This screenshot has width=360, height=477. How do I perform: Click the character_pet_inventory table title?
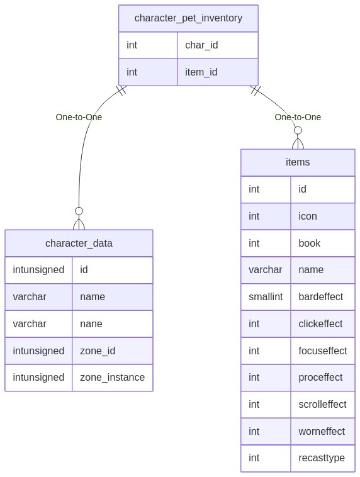click(188, 18)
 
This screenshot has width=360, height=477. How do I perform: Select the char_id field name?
click(201, 45)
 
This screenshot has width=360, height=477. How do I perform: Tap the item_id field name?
click(201, 72)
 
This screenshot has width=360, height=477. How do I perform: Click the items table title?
click(298, 162)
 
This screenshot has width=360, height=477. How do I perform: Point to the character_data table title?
click(79, 244)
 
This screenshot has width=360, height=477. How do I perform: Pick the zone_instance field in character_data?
click(112, 378)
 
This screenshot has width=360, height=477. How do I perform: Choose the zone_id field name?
click(98, 351)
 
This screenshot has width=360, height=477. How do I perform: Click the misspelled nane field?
click(91, 324)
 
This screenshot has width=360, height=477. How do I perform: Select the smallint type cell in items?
click(266, 296)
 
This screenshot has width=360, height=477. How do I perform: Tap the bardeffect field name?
click(321, 296)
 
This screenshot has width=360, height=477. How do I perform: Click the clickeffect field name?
click(320, 323)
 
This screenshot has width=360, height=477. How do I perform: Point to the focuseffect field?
click(323, 351)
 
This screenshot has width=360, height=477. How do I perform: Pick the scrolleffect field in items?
click(322, 404)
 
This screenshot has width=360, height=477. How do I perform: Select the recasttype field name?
click(322, 458)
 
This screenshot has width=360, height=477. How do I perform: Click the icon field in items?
click(308, 216)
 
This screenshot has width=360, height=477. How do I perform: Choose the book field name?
click(310, 244)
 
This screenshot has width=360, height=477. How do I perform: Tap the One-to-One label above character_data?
click(79, 117)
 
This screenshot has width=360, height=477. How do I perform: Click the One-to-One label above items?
click(298, 117)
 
